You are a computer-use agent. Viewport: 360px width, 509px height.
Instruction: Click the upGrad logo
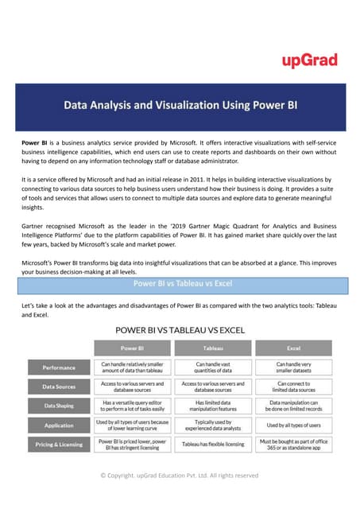(x=310, y=60)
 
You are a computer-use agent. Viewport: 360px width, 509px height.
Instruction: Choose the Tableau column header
(x=212, y=348)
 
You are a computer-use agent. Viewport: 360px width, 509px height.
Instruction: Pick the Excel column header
(x=292, y=348)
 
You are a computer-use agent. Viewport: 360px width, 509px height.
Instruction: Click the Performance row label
(x=60, y=368)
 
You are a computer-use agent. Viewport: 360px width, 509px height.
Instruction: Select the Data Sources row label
(x=60, y=387)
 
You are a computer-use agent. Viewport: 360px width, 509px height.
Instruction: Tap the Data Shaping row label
(x=60, y=405)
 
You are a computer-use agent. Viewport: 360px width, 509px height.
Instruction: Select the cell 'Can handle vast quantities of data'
(x=212, y=367)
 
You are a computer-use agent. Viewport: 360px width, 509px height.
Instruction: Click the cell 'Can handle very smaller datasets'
(x=292, y=367)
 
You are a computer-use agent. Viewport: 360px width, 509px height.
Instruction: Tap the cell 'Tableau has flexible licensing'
(x=212, y=444)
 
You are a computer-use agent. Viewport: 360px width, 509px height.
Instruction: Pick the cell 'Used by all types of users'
(x=292, y=425)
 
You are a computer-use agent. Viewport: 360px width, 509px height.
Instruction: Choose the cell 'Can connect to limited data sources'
(x=292, y=387)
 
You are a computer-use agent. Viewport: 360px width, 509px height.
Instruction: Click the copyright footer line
(x=180, y=475)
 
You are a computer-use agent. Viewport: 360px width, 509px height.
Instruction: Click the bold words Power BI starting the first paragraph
(x=36, y=141)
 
